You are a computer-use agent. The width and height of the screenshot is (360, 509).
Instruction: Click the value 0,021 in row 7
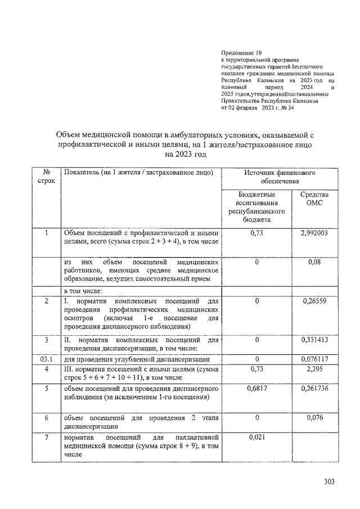[x=256, y=436]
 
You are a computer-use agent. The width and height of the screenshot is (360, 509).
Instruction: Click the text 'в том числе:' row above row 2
[x=82, y=291]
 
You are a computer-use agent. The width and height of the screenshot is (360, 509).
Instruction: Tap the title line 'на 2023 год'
[x=182, y=154]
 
